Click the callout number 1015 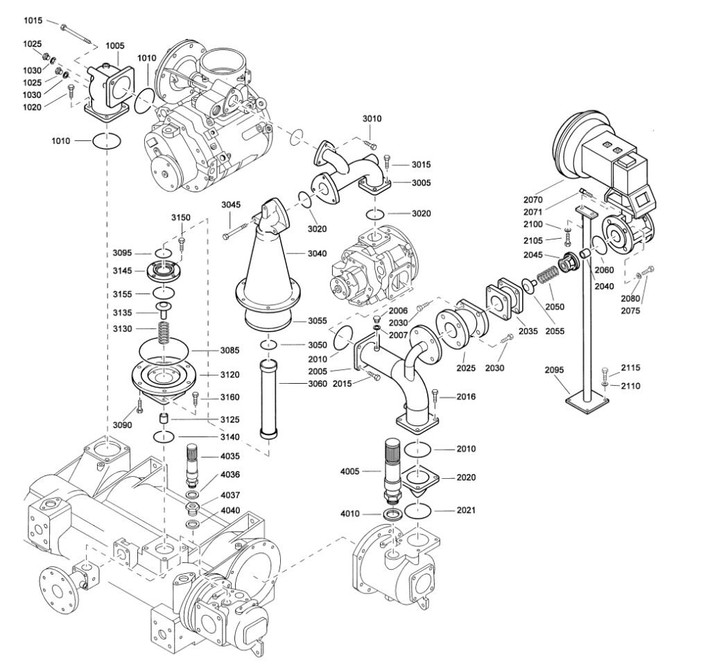pos(33,21)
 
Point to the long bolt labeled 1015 pos(77,33)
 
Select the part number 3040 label pos(315,254)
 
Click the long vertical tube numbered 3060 pos(268,398)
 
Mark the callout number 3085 pos(230,350)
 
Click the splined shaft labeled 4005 pos(392,466)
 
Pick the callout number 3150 pos(181,217)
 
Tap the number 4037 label pos(231,496)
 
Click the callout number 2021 pos(466,511)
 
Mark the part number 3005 pos(420,183)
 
